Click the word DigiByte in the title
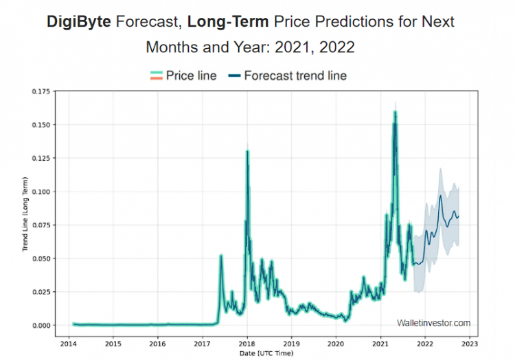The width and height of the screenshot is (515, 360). tap(79, 21)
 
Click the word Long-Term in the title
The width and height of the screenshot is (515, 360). tap(227, 21)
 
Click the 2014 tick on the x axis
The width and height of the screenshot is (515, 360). tap(69, 342)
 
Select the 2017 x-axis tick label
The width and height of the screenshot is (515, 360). tap(202, 342)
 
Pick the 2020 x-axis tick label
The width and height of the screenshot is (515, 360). tap(336, 342)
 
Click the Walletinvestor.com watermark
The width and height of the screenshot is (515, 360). tap(433, 323)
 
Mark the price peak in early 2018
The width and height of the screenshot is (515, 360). tap(247, 151)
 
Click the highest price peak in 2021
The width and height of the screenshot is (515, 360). tap(395, 111)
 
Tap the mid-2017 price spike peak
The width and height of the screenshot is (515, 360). tap(221, 256)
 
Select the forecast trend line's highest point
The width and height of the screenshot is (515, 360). tap(440, 196)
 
